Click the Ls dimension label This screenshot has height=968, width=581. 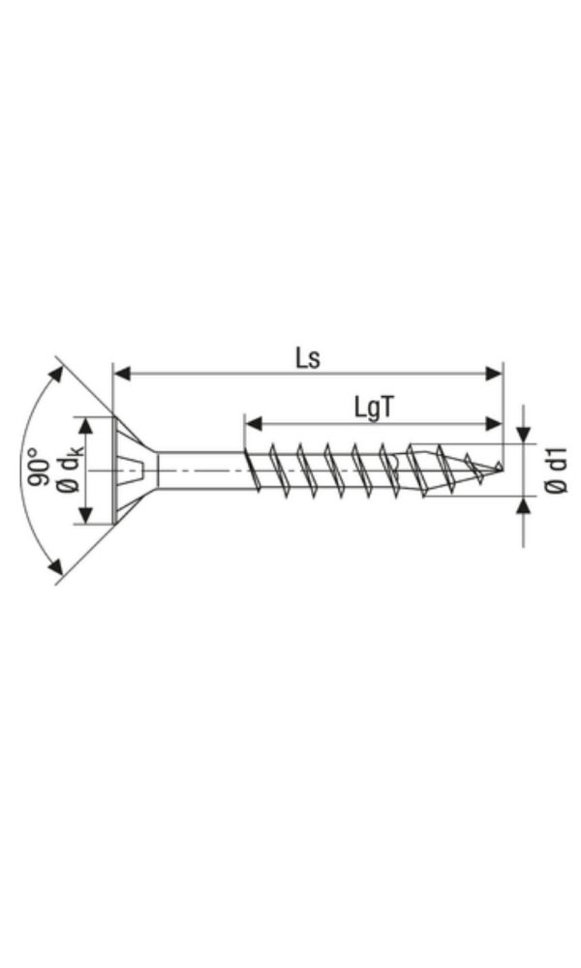click(x=308, y=357)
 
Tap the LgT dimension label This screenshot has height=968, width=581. click(x=373, y=408)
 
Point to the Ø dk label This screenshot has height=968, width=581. click(x=70, y=471)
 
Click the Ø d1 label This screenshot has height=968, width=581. click(x=554, y=469)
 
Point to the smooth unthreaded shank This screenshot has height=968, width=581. click(x=199, y=470)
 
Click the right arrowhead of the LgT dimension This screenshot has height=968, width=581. click(x=495, y=423)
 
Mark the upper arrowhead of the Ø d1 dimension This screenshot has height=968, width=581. click(x=524, y=435)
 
